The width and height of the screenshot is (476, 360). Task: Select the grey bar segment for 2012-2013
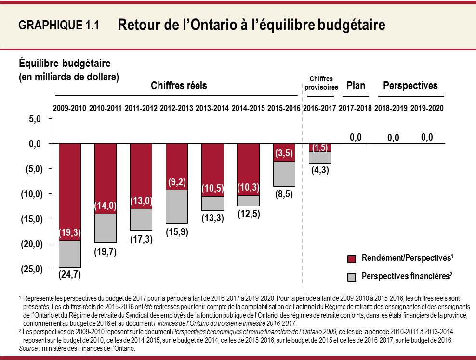(177, 207)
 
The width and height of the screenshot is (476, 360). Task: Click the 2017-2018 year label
(355, 109)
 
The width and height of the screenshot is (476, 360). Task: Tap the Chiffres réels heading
(179, 86)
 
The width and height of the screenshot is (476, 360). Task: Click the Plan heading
(356, 86)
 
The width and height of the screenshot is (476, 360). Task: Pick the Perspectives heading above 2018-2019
(410, 86)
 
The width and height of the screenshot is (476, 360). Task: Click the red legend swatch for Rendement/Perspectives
(352, 259)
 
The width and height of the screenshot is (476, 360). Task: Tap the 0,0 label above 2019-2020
(426, 138)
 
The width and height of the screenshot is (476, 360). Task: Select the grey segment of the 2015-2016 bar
(284, 174)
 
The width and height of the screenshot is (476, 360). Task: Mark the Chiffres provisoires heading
(321, 83)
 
